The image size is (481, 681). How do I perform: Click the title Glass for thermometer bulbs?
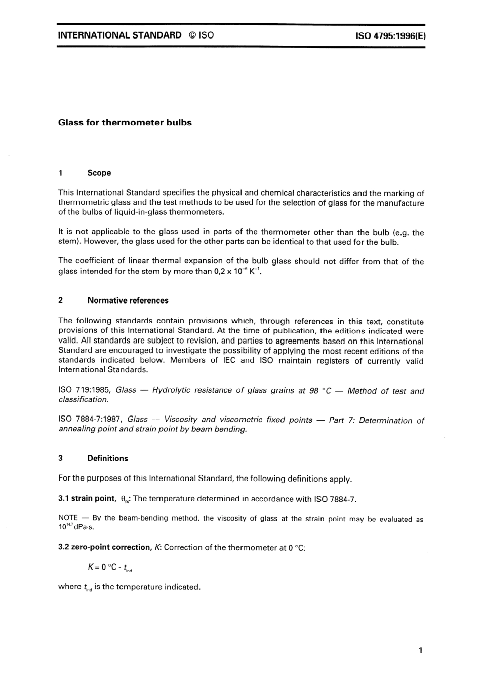[x=125, y=123]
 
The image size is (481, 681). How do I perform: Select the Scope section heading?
[x=99, y=173]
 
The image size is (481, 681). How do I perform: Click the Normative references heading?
[x=128, y=300]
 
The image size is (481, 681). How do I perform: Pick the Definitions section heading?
[x=107, y=458]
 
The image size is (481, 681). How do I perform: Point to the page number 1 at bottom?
[x=420, y=650]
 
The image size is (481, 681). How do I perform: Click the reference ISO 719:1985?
[x=84, y=390]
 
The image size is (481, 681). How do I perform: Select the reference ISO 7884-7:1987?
[x=90, y=420]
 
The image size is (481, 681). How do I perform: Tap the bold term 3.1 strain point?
[x=87, y=498]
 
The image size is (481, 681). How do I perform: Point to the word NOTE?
[x=68, y=518]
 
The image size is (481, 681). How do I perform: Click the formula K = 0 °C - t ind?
[x=109, y=567]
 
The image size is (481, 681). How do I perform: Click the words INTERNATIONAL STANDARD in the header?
[x=119, y=35]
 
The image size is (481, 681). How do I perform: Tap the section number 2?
[x=61, y=300]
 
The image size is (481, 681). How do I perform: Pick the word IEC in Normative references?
[x=229, y=360]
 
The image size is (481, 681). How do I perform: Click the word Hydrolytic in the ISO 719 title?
[x=173, y=390]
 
